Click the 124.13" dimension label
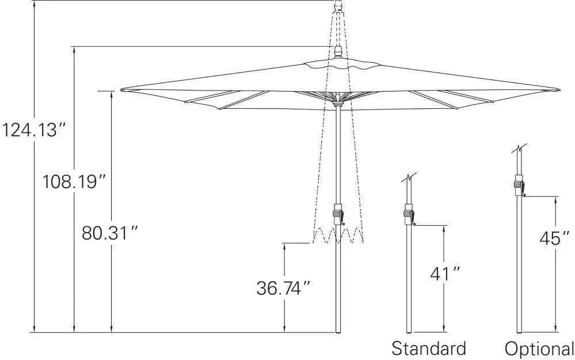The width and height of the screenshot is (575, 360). coord(36,130)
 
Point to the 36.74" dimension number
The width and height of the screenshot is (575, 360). coord(284,287)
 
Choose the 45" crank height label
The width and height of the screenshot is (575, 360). coord(554,238)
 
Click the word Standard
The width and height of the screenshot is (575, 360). coord(429,348)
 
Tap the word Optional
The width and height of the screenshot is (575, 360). coord(539,348)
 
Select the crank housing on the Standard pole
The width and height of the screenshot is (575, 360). coord(409,213)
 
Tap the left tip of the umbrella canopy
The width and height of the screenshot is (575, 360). coord(123,90)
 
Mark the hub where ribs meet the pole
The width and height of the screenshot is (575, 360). coord(338,102)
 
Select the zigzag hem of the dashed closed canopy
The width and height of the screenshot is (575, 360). coord(338,236)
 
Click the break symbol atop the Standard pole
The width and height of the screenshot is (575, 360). coord(409,178)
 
